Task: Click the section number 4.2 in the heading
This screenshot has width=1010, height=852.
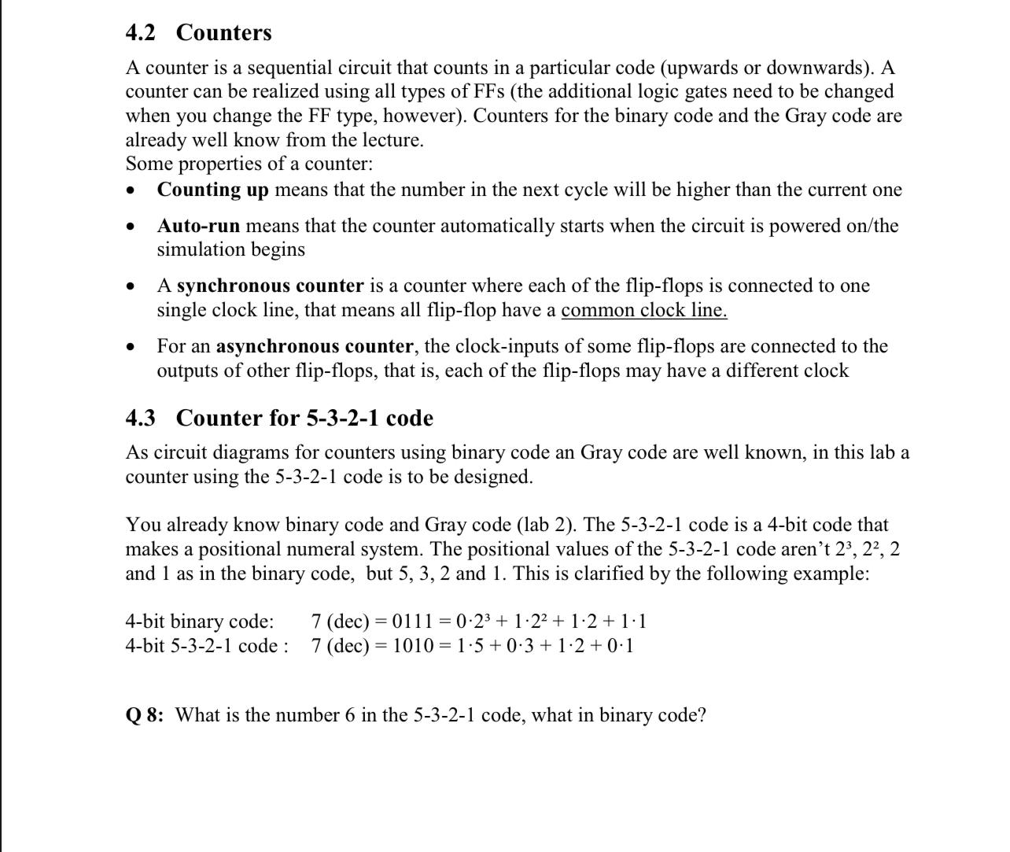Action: [x=141, y=33]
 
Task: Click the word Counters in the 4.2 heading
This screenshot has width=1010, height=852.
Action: [x=224, y=33]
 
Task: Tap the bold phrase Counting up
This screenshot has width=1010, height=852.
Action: [x=213, y=190]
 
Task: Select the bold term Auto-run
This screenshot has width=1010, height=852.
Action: [x=198, y=226]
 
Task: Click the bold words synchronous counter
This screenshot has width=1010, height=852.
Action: [x=270, y=286]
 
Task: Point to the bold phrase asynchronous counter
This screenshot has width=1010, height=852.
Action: [x=315, y=346]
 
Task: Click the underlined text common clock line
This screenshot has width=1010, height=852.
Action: [x=643, y=310]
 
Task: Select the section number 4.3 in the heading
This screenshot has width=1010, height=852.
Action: [x=141, y=418]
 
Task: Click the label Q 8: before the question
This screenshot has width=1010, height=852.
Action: [x=145, y=715]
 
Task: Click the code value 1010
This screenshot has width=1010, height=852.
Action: [x=413, y=647]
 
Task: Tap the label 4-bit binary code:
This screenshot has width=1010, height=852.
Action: [x=200, y=622]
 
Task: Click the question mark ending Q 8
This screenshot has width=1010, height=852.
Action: [x=702, y=715]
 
